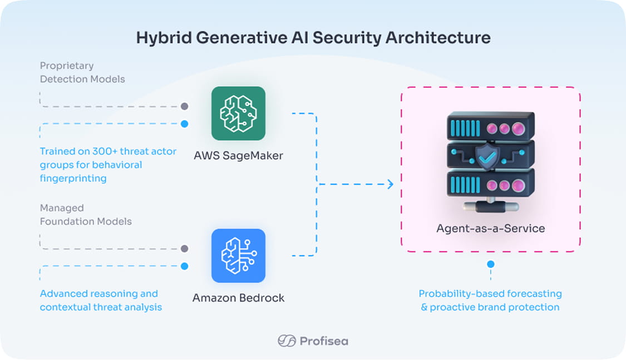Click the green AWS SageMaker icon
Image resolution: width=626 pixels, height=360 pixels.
[x=238, y=114]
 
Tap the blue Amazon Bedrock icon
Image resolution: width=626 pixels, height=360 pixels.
[x=238, y=256]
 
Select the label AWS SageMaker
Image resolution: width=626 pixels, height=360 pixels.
[x=238, y=156]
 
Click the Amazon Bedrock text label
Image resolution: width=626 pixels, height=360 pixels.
[x=238, y=298]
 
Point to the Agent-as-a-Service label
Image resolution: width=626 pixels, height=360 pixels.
[x=490, y=229]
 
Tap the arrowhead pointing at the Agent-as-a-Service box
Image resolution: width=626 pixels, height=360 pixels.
[x=390, y=184]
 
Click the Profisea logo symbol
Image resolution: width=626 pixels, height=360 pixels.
[x=287, y=341]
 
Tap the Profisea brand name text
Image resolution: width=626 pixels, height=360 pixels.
[x=324, y=341]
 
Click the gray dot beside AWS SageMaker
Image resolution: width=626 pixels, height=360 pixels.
[x=184, y=106]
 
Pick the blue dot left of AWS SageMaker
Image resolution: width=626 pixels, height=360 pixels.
[x=184, y=124]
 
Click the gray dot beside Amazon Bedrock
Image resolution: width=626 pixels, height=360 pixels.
[x=184, y=249]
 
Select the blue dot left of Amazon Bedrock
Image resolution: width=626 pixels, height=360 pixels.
[x=184, y=267]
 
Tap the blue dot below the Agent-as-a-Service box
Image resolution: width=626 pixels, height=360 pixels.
[x=490, y=264]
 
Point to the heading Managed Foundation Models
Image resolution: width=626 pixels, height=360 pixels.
[x=86, y=215]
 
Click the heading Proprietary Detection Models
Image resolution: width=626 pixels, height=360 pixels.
[x=82, y=72]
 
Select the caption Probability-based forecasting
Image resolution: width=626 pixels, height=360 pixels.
[x=490, y=294]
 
